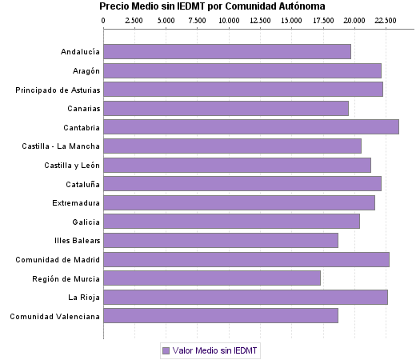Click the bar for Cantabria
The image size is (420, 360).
pyautogui.click(x=251, y=126)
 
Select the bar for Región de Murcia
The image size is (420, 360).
pyautogui.click(x=212, y=278)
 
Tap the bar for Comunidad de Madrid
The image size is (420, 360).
pyautogui.click(x=246, y=259)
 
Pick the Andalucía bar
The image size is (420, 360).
pyautogui.click(x=227, y=51)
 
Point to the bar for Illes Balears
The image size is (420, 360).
pyautogui.click(x=221, y=240)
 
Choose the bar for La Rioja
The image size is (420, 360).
pyautogui.click(x=246, y=297)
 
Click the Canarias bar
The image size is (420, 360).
pyautogui.click(x=226, y=108)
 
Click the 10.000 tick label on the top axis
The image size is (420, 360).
pyautogui.click(x=229, y=18)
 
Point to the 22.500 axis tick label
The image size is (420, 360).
pyautogui.click(x=386, y=18)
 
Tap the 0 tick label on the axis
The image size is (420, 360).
pyautogui.click(x=104, y=18)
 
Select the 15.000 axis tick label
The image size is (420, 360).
pyautogui.click(x=291, y=18)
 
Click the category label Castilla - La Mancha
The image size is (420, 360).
pyautogui.click(x=61, y=146)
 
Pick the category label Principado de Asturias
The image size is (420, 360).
pyautogui.click(x=58, y=90)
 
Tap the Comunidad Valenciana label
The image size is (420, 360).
pyautogui.click(x=54, y=316)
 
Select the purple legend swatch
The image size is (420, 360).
pyautogui.click(x=166, y=350)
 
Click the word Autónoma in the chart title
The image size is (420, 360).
pyautogui.click(x=325, y=6)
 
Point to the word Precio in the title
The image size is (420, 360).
pyautogui.click(x=114, y=6)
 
